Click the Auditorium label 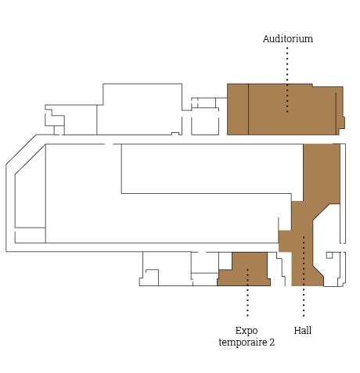coord(288,39)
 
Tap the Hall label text coord(303,331)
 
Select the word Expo coord(247,331)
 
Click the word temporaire coord(243,343)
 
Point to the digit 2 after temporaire coord(272,343)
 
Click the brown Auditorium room coord(286,109)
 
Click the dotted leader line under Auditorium coord(287,80)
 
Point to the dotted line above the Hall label coord(304,276)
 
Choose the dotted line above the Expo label coord(247,292)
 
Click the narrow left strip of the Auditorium coord(238,109)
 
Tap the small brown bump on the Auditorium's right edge coord(344,123)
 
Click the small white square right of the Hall coord(329,255)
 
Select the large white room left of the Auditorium coord(139,109)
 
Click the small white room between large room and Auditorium coord(205,121)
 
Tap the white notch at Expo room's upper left coord(225,260)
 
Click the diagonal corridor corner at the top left coord(21,149)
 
